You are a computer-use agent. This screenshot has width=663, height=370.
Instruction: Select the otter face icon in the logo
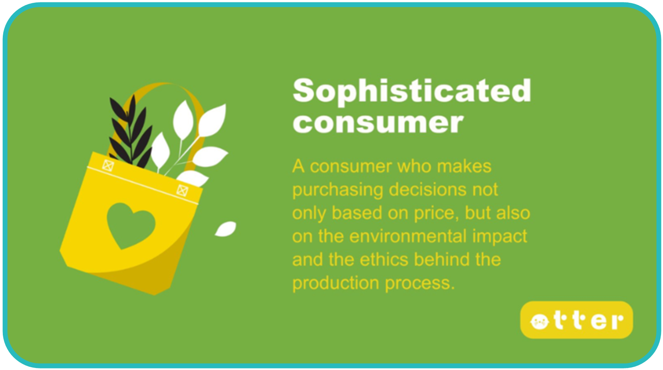(x=539, y=321)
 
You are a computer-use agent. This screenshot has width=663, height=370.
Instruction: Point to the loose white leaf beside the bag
(x=226, y=229)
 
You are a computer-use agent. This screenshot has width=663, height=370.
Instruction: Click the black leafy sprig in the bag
(x=131, y=132)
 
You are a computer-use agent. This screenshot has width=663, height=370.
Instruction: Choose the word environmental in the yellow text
(x=408, y=236)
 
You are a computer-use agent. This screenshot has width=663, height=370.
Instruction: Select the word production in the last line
(x=335, y=283)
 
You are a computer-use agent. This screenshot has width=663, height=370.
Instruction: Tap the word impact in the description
(x=500, y=237)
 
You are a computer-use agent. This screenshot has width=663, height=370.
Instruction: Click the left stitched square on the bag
(x=108, y=165)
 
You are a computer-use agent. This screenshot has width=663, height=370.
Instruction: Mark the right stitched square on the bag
(x=182, y=190)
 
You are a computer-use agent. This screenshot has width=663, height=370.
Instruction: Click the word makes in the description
(x=464, y=166)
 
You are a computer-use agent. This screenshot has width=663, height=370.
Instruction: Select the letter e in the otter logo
(x=599, y=321)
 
